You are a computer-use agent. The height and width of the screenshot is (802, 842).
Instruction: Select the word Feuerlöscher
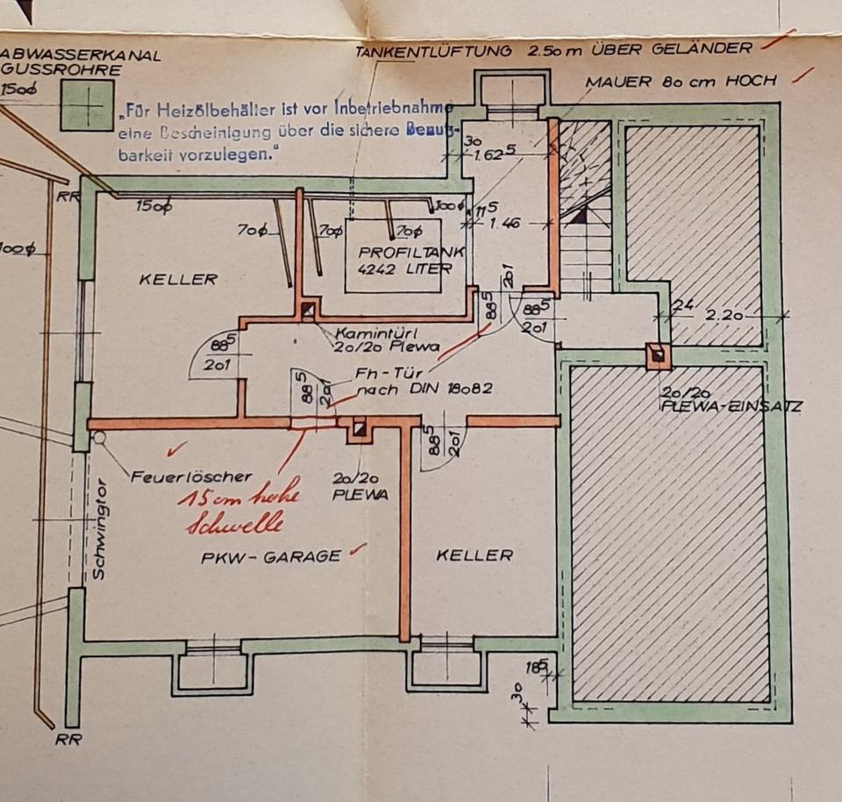(191, 476)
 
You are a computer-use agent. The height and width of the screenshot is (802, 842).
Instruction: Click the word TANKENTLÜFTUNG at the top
(433, 52)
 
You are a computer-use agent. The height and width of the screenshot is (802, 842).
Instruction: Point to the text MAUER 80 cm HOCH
(681, 82)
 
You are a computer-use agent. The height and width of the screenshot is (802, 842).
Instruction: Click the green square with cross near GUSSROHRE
(87, 105)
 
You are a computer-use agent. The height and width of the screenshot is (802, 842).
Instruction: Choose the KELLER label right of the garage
(474, 555)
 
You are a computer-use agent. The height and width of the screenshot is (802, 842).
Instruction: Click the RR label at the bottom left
(68, 740)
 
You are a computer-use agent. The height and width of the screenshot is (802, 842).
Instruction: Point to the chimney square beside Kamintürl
(307, 310)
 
